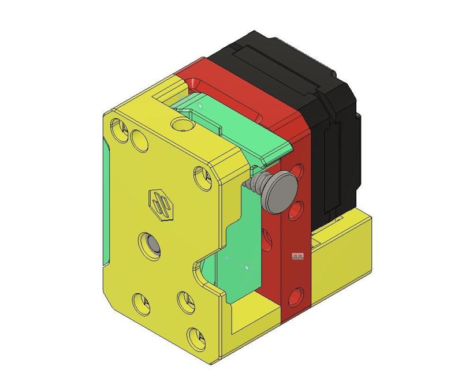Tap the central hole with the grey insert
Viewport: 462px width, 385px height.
[151, 244]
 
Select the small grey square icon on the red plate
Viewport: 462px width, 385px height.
[297, 256]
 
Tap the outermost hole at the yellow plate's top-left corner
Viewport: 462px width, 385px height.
[120, 128]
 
